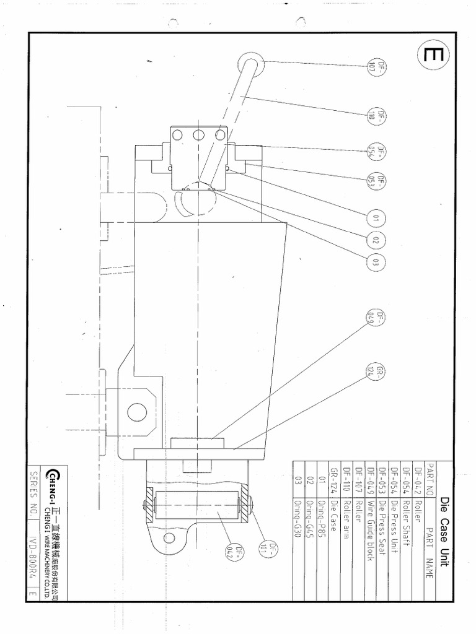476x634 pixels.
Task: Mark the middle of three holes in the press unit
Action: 199,136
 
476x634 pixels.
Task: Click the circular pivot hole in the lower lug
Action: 137,411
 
